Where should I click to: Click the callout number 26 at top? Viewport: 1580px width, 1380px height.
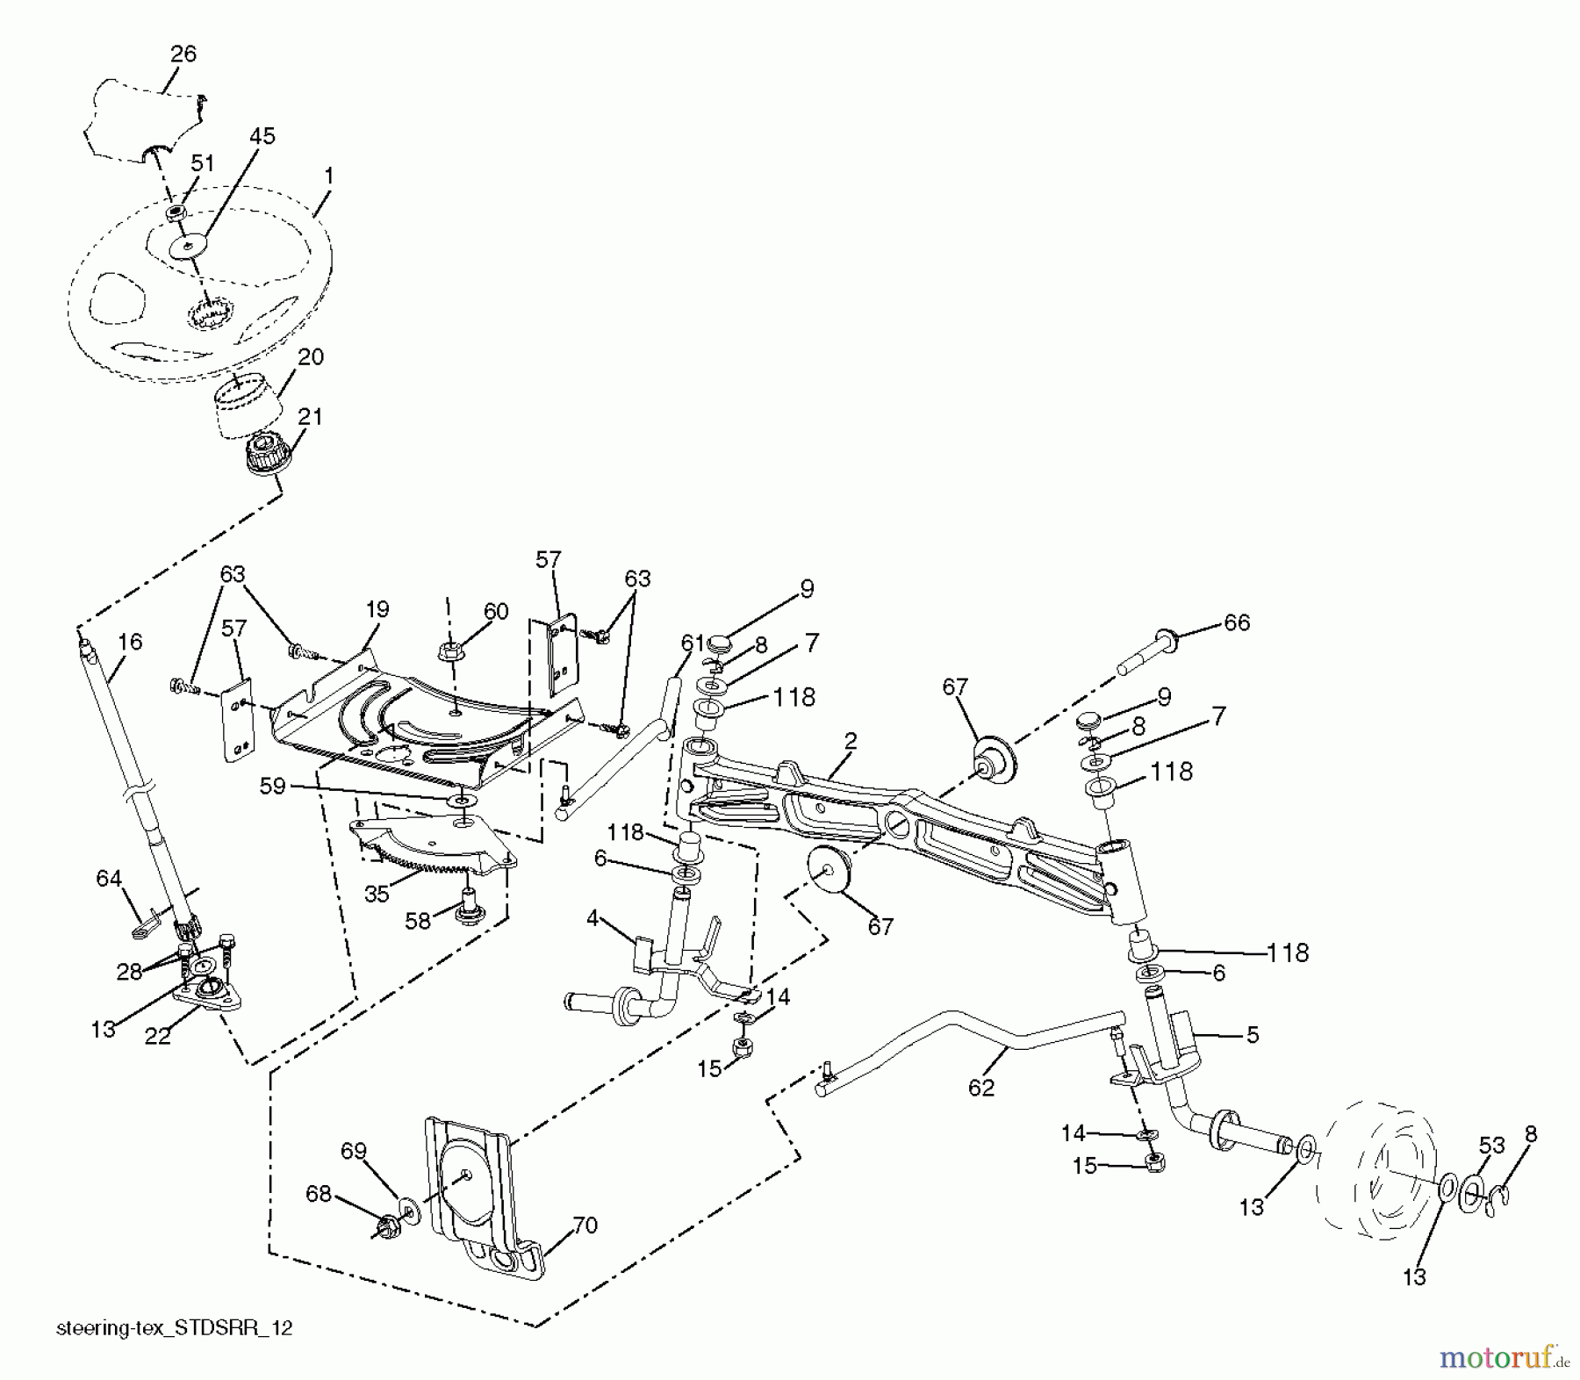183,54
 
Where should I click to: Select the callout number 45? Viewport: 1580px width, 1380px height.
262,136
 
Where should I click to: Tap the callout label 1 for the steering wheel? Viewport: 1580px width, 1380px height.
328,176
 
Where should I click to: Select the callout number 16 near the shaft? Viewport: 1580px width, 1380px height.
129,643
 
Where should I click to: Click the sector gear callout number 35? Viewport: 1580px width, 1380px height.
377,894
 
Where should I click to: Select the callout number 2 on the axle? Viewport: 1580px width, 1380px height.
850,740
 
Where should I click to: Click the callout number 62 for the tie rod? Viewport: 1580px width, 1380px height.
981,1087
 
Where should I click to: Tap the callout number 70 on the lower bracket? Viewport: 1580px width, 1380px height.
585,1225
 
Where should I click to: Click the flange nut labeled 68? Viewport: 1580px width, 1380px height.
384,1225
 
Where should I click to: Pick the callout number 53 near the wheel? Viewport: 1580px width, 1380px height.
1491,1145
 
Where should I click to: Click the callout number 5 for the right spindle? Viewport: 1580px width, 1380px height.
1253,1035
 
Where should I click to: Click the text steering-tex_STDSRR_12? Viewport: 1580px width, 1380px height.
174,1328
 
